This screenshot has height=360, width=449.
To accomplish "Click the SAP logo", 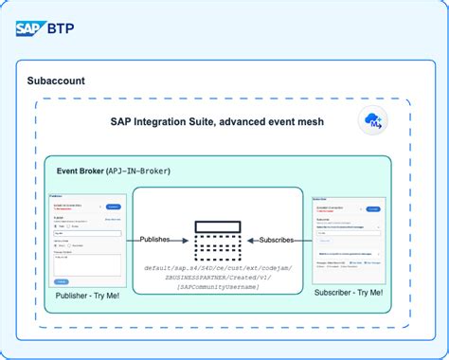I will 32,27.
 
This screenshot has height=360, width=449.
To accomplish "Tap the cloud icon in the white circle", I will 373,120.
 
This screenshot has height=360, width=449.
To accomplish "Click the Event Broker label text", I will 81,171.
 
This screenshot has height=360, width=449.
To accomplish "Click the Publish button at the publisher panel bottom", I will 61,282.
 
